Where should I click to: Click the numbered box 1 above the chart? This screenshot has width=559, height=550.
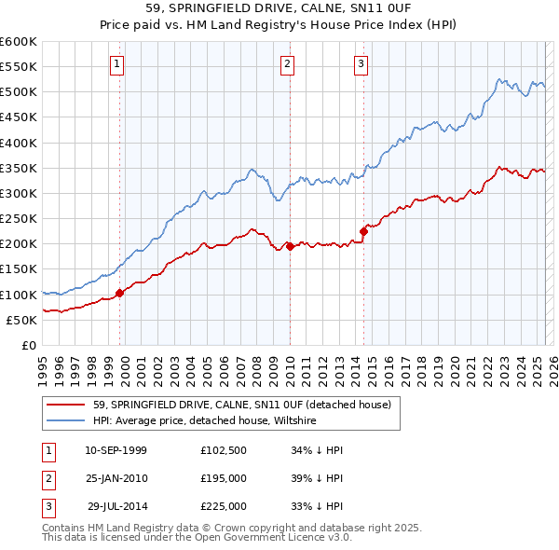pyautogui.click(x=116, y=64)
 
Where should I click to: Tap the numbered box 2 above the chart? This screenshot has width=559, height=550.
pyautogui.click(x=287, y=64)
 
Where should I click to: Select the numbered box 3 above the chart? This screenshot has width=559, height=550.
pyautogui.click(x=361, y=64)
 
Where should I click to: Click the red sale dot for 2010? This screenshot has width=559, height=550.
pyautogui.click(x=290, y=247)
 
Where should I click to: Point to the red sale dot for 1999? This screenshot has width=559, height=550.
pyautogui.click(x=119, y=294)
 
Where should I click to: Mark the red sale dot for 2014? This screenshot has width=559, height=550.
pyautogui.click(x=364, y=232)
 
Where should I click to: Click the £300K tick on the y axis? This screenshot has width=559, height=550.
pyautogui.click(x=18, y=193)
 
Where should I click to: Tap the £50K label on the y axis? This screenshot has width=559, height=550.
pyautogui.click(x=21, y=320)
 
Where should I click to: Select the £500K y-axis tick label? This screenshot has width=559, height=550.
pyautogui.click(x=18, y=92)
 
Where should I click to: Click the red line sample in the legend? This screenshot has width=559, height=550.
pyautogui.click(x=64, y=406)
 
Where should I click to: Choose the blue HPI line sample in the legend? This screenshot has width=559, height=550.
pyautogui.click(x=64, y=421)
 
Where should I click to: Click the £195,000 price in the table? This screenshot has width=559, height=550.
pyautogui.click(x=224, y=478)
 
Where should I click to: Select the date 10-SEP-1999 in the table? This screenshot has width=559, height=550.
pyautogui.click(x=116, y=450)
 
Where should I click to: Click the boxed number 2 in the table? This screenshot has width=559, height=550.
pyautogui.click(x=47, y=478)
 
